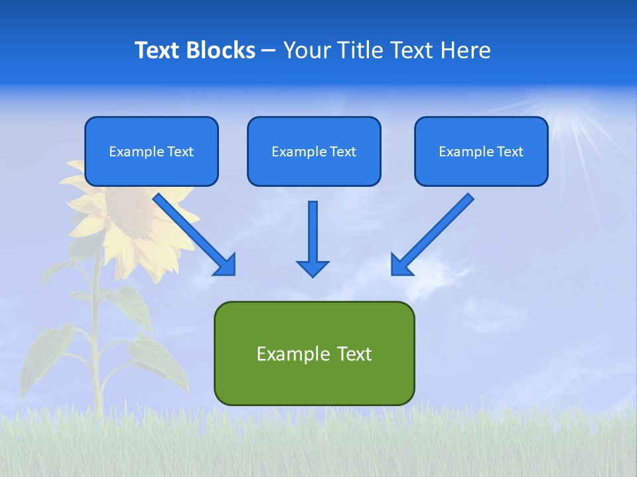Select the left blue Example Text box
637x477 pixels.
pos(151,151)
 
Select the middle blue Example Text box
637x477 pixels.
pos(314,151)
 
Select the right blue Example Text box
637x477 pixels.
pos(481,151)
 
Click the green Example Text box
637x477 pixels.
pos(314,353)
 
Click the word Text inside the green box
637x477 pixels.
pos(354,353)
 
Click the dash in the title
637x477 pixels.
pos(269,50)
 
